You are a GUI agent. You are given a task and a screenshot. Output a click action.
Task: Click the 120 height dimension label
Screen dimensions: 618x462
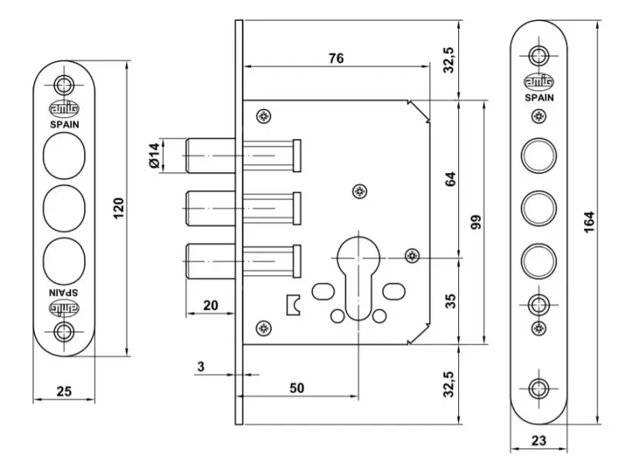tap(119, 208)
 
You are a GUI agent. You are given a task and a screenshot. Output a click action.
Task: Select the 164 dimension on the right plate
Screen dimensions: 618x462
tap(589, 222)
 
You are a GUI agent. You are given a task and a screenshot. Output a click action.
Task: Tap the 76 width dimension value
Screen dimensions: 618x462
tap(336, 59)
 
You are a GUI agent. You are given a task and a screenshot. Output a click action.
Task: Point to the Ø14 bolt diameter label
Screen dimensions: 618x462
tap(155, 156)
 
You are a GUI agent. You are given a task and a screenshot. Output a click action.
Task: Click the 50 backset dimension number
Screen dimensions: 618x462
tap(297, 388)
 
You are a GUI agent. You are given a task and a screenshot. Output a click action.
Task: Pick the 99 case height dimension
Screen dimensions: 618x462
tap(476, 222)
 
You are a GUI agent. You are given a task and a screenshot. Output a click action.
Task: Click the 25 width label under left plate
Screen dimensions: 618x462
tap(64, 392)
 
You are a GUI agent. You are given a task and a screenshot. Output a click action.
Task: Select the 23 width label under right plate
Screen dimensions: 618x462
tap(538, 440)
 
